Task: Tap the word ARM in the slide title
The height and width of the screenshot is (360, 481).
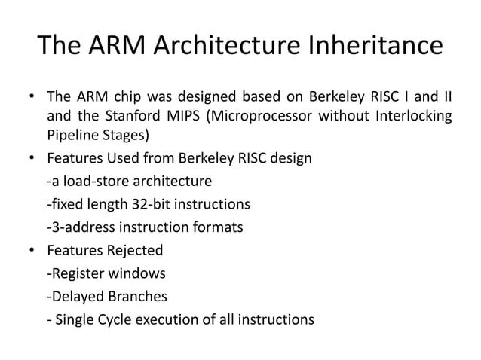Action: [124, 46]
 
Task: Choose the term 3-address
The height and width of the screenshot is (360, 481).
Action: [81, 227]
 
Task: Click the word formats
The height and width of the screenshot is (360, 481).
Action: [219, 227]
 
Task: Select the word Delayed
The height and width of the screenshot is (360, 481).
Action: [77, 296]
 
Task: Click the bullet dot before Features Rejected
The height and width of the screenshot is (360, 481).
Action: [32, 250]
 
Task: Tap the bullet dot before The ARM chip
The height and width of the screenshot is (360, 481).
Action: [32, 97]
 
